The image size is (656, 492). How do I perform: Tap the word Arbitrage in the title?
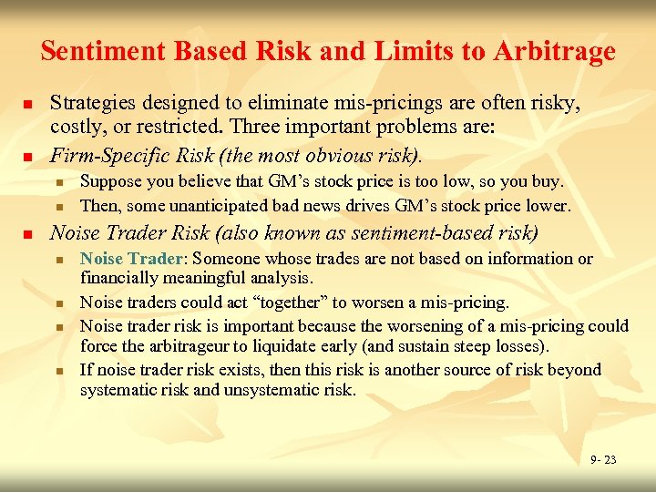[555, 51]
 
